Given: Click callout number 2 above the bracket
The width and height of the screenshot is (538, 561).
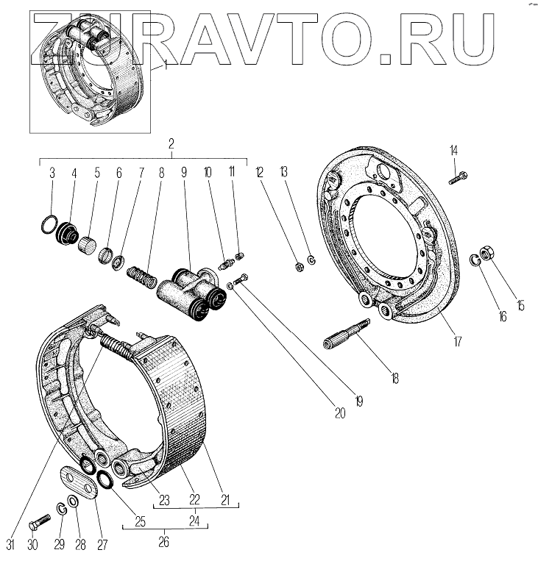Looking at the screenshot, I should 170,145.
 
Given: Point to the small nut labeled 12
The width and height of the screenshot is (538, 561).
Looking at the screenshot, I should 299,265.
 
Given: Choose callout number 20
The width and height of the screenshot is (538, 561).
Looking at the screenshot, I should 340,414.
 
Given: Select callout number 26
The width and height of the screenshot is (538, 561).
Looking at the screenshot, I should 163,543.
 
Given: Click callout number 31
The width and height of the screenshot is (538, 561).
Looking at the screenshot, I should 10,544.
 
